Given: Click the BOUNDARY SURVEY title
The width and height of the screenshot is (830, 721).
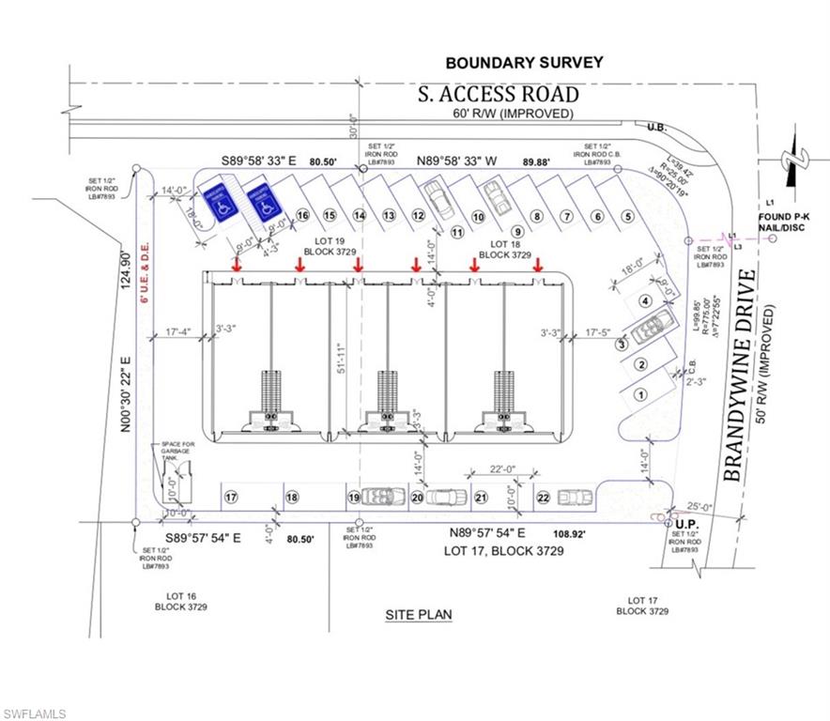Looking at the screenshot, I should (x=524, y=63).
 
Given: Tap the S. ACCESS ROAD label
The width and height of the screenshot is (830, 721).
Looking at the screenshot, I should (x=498, y=94).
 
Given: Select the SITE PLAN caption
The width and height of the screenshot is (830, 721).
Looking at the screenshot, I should (x=419, y=615).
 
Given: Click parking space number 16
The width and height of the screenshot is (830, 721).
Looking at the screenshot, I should (x=302, y=215).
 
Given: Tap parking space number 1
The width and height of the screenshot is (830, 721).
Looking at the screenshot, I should (x=639, y=394).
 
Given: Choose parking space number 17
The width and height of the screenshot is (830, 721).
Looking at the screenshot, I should (x=230, y=497).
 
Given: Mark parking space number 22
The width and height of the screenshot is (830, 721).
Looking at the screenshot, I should (x=544, y=498).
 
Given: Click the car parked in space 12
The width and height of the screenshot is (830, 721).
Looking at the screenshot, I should (x=436, y=198).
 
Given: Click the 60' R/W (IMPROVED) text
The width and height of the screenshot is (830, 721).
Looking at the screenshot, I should (x=513, y=114).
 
